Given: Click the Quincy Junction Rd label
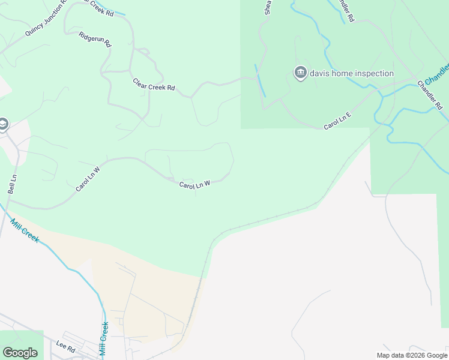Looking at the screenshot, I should click(x=46, y=23).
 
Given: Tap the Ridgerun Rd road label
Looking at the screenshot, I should click(x=95, y=40).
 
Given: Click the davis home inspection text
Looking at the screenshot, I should click(x=352, y=74).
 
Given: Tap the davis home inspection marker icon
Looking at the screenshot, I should click(x=300, y=73).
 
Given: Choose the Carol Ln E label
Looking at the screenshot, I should click(x=337, y=121).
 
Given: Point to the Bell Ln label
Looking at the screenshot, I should click(x=12, y=184).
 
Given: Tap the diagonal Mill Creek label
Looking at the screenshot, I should click(x=25, y=230).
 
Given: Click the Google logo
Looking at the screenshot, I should click(x=20, y=353).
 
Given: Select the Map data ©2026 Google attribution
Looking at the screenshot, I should click(x=412, y=355).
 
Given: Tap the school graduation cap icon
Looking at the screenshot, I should click(x=3, y=124).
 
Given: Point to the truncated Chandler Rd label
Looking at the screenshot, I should click(x=346, y=11).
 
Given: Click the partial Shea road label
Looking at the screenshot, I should click(x=268, y=7).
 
